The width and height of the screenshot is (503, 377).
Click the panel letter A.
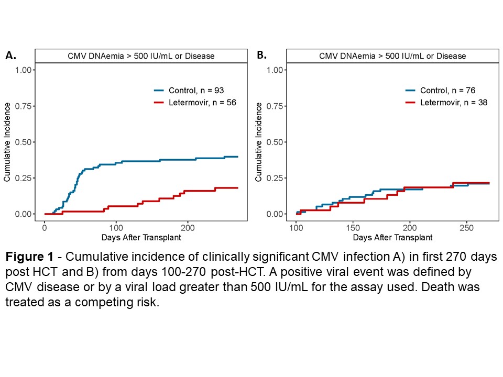point(10,55)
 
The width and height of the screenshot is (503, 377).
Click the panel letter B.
point(261,55)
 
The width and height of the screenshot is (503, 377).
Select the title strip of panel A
point(141,56)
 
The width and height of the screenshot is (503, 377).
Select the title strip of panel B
point(392,56)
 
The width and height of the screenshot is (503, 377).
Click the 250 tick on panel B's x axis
point(466,228)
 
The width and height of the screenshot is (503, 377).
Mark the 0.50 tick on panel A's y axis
point(26,142)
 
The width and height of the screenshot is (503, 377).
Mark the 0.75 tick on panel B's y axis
point(277,106)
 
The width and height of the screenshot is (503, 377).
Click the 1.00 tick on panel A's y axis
point(26,70)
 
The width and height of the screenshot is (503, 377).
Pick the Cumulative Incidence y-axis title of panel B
point(259,142)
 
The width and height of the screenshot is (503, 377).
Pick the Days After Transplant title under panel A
point(141,238)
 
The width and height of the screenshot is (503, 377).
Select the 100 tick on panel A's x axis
point(116,228)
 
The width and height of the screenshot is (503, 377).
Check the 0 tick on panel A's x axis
point(45,228)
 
